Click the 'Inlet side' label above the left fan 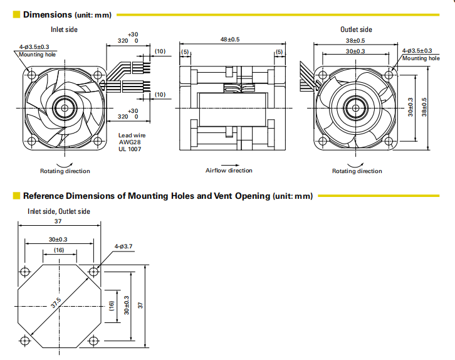point(65,29)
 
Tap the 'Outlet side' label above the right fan point(356,29)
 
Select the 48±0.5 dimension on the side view point(230,40)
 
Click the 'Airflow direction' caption point(229,171)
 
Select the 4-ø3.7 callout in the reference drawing point(123,246)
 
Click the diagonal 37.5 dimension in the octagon point(56,303)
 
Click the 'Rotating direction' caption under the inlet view point(65,171)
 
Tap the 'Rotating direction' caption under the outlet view point(357,171)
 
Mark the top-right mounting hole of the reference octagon point(94,272)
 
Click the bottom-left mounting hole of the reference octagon point(25,341)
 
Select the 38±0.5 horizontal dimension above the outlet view point(356,40)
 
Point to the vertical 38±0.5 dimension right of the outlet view point(424,107)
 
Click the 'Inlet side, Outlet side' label point(59,211)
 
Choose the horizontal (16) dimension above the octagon point(58,250)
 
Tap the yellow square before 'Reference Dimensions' point(17,196)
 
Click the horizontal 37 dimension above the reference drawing point(58,221)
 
